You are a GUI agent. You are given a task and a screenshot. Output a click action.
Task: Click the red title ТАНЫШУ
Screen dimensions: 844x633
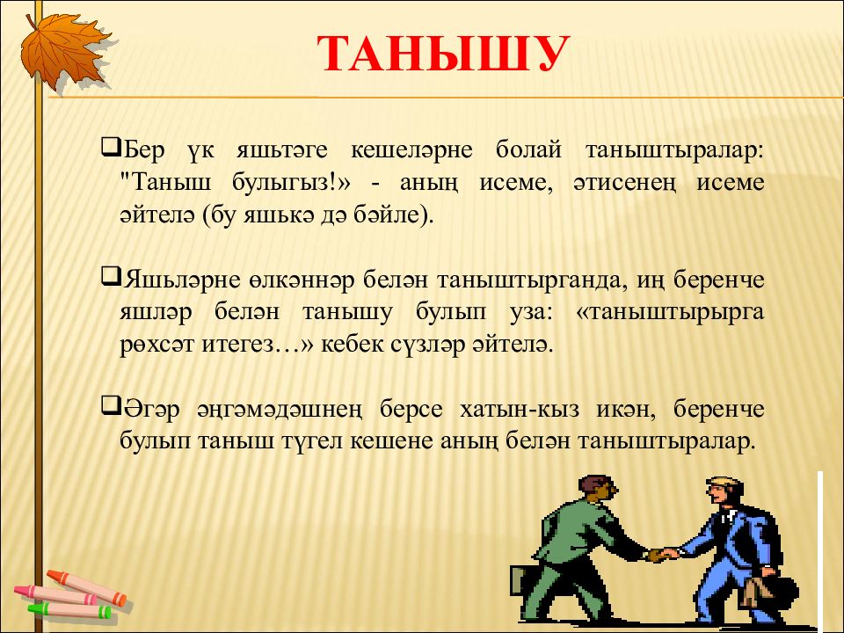443,54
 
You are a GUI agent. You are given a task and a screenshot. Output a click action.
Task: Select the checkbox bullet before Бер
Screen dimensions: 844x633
111,147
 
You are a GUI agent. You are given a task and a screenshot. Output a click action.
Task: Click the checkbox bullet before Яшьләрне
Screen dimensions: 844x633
111,277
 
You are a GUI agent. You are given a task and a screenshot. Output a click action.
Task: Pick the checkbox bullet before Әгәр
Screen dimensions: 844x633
111,406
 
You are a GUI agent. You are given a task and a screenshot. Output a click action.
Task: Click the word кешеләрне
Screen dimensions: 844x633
411,149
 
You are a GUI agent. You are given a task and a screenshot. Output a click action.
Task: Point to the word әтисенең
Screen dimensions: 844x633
622,183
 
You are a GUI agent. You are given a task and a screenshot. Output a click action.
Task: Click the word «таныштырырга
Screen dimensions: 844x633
670,312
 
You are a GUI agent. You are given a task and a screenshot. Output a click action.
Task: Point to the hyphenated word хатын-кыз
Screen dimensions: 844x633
520,409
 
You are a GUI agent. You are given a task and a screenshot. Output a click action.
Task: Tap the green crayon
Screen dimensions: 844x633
69,610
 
